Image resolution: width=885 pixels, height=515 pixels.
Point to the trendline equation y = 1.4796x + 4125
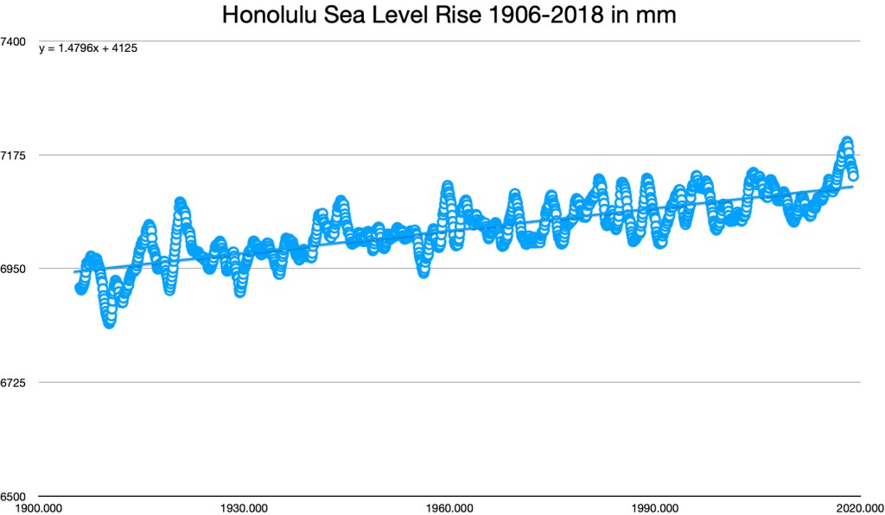[89, 48]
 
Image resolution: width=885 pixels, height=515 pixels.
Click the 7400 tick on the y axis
[16, 41]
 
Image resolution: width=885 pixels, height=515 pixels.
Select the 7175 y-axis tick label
[16, 156]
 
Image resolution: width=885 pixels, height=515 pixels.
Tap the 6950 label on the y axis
[16, 269]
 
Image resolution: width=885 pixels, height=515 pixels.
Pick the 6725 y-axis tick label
[16, 383]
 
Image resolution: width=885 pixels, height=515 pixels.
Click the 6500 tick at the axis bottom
[16, 496]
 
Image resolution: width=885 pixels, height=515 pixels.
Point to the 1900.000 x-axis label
[41, 507]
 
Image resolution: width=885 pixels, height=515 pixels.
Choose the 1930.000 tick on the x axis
[245, 507]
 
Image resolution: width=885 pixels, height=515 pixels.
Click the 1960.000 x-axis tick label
[449, 507]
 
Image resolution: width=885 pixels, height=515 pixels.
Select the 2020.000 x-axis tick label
[858, 507]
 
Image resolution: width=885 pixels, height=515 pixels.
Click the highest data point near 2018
[847, 141]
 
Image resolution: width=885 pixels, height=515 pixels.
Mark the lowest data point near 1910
[110, 323]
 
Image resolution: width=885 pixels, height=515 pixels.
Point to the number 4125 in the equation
[126, 48]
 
